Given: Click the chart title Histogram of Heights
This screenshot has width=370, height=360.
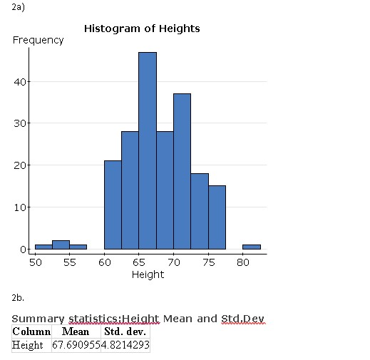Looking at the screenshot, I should [142, 29].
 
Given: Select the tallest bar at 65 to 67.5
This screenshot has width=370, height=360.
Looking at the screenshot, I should [148, 150].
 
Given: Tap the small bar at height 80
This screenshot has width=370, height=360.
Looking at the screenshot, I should [252, 247].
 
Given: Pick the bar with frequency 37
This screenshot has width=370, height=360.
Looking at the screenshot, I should [183, 171].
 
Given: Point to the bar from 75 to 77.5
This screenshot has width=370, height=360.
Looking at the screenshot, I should [217, 217].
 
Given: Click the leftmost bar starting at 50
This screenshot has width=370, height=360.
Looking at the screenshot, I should [43, 247].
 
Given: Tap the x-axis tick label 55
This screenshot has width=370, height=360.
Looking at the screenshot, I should [69, 262].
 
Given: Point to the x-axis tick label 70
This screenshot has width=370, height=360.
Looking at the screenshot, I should [174, 262].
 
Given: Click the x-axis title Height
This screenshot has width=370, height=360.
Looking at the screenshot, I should [148, 274].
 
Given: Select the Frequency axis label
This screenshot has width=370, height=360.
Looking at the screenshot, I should [38, 40].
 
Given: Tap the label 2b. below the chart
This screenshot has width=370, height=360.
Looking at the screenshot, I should [19, 296].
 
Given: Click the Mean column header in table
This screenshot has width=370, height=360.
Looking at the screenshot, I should [75, 331].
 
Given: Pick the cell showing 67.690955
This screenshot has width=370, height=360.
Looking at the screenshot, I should [75, 345].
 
